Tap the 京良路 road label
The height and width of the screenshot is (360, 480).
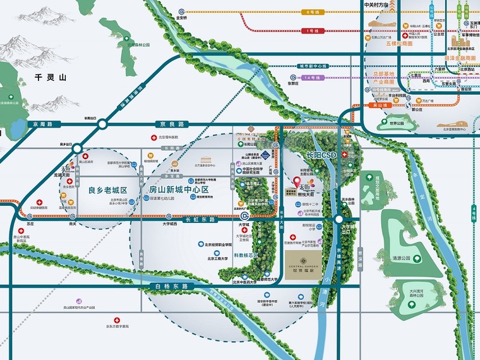point(171,124)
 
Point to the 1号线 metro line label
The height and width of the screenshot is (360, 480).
point(311,31)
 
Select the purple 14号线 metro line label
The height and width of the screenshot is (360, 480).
point(312,77)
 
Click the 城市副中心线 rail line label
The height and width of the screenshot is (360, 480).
point(313,66)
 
